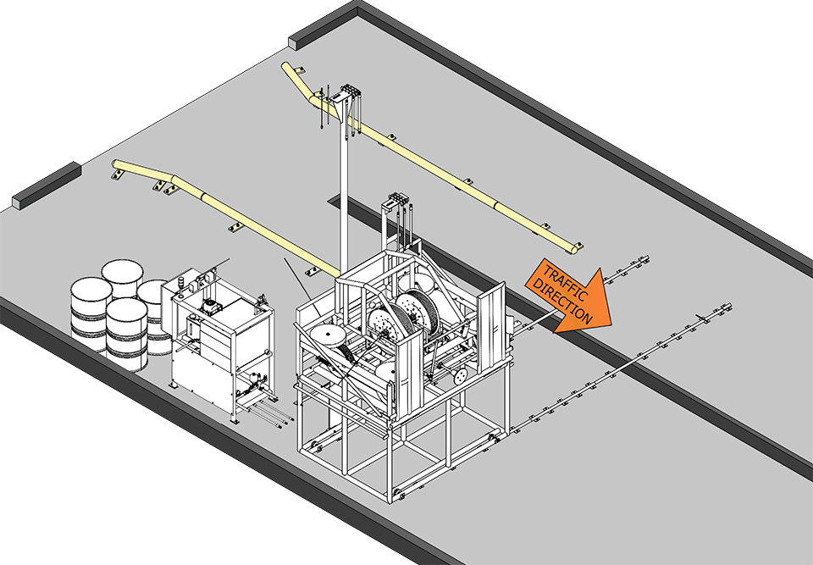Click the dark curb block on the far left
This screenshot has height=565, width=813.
pyautogui.click(x=47, y=186)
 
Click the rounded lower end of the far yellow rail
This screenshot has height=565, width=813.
pyautogui.click(x=576, y=247)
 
